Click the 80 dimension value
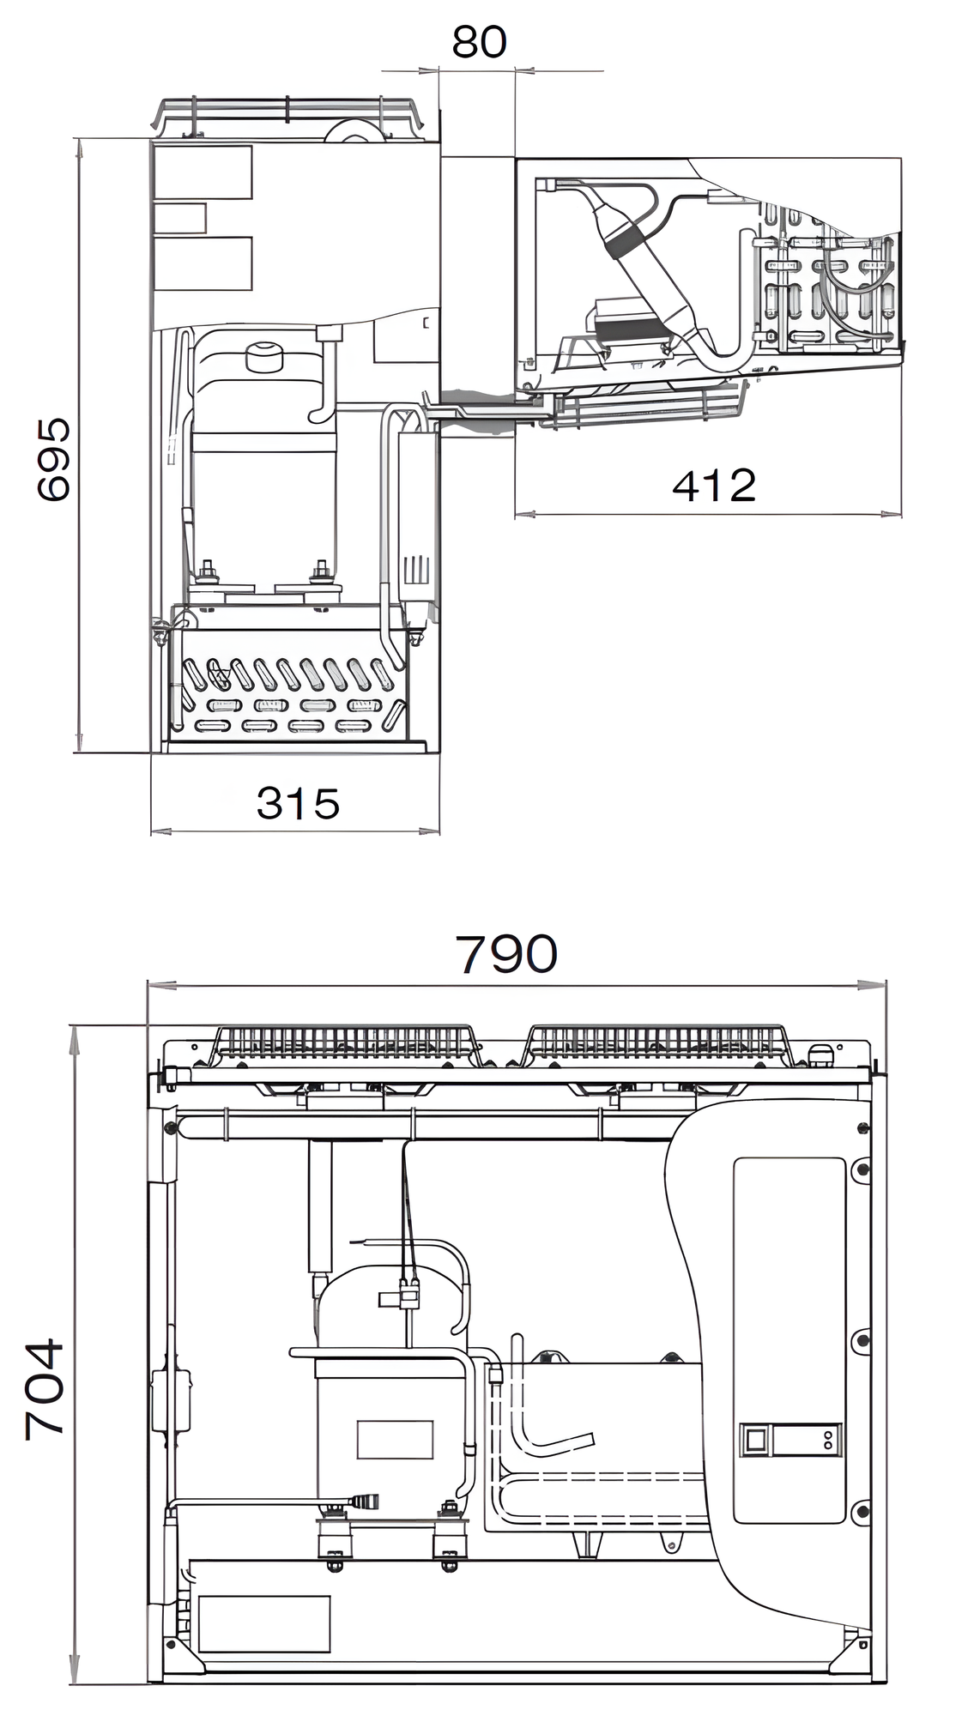(479, 42)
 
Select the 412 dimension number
(713, 486)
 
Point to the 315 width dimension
(298, 804)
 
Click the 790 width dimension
(506, 953)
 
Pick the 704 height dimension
(45, 1387)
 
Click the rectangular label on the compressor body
(395, 1439)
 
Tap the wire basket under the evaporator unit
(648, 410)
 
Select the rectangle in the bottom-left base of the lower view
(264, 1623)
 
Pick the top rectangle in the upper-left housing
(203, 172)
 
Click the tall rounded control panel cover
(789, 1338)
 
